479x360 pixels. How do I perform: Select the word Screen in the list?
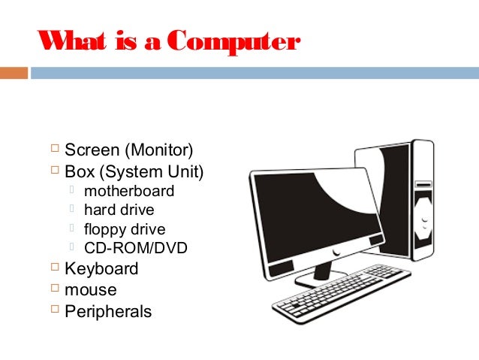(86, 150)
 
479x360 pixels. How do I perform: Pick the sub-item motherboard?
(129, 191)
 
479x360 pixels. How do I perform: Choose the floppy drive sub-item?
(125, 229)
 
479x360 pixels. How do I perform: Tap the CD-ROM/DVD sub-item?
(136, 248)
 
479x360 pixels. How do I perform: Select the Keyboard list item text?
(101, 268)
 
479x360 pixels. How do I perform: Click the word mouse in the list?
(91, 289)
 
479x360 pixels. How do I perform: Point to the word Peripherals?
(108, 310)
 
